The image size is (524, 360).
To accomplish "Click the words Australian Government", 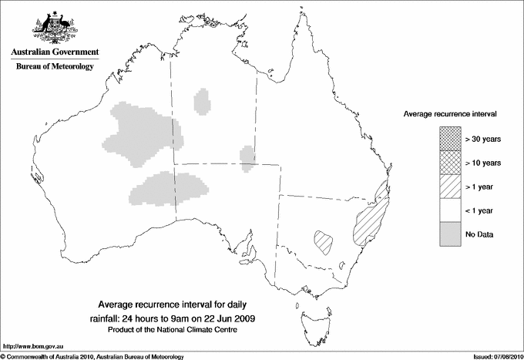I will pos(55,52).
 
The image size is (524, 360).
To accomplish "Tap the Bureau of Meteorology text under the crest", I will pos(55,67).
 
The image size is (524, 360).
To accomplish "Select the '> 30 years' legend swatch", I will pos(449,139).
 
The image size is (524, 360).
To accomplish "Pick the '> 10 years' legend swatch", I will pos(449,163).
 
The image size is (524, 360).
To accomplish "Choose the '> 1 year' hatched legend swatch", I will pos(449,187).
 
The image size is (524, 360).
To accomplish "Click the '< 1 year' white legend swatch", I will pos(449,210).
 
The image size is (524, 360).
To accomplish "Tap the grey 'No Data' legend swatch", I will pos(449,234).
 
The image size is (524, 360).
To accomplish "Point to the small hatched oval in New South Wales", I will pos(324,241).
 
